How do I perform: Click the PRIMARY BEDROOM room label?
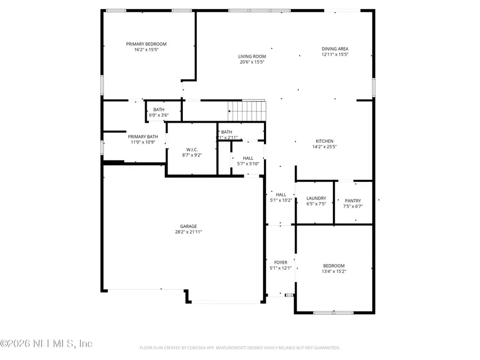[146, 44]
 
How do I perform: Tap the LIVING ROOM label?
[252, 56]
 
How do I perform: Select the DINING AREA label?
[334, 49]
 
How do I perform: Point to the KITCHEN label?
[324, 141]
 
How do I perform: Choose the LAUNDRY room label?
[316, 198]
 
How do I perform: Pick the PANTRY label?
[353, 201]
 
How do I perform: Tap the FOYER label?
[281, 262]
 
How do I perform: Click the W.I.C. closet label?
[192, 149]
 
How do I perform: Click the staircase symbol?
[247, 111]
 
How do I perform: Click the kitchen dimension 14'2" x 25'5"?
[324, 147]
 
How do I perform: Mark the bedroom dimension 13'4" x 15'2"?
[334, 271]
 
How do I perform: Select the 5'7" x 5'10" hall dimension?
[248, 164]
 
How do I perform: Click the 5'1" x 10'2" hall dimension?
[281, 200]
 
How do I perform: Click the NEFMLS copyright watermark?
[47, 344]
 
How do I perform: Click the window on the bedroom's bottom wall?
[333, 313]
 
